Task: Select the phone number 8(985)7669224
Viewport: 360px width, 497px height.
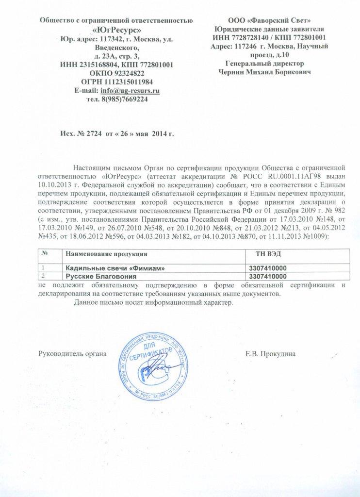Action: pos(123,99)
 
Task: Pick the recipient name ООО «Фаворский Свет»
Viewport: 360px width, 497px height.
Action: pos(269,20)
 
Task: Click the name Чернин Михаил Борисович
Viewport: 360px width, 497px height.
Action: pos(265,72)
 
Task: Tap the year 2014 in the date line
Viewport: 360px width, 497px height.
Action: pos(159,133)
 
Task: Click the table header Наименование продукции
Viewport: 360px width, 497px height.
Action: pos(106,254)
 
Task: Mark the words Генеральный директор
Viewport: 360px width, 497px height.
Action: pos(265,64)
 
